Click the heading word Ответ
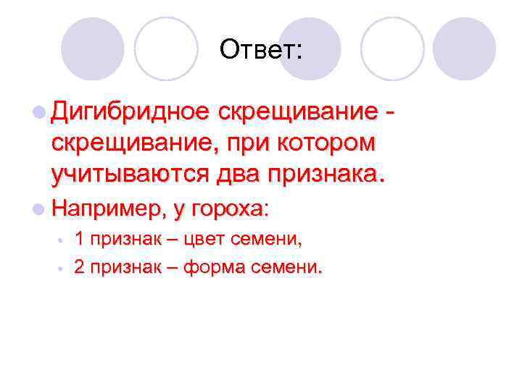point(263,50)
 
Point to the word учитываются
point(131,174)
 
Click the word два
point(239,174)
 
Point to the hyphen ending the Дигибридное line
point(391,114)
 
